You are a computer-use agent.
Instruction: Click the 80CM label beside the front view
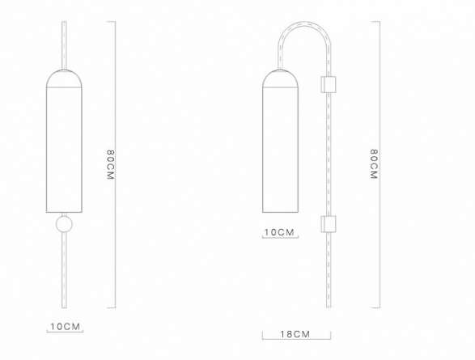(110, 167)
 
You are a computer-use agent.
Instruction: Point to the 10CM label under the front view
(66, 327)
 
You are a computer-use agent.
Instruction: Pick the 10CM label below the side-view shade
(280, 232)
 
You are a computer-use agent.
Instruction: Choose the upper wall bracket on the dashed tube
(329, 84)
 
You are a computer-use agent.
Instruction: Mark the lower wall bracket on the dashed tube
(329, 224)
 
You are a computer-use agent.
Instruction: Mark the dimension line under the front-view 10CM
(65, 334)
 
